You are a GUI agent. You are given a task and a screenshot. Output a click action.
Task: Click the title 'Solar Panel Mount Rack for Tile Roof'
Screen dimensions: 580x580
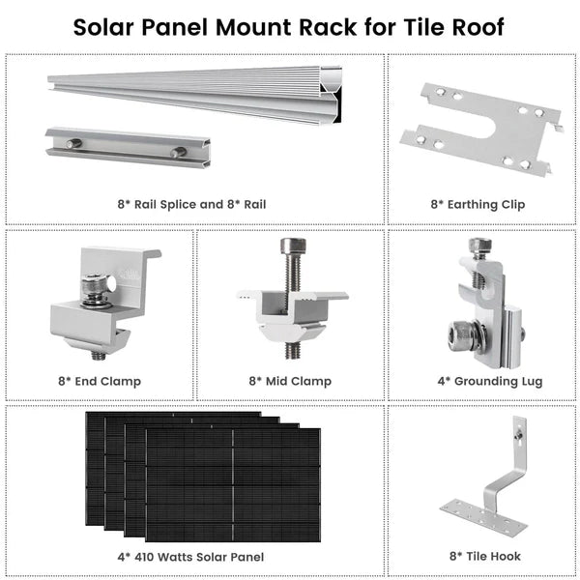pos(289,26)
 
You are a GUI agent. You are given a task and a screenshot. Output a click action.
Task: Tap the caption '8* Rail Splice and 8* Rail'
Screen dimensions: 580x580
pos(191,204)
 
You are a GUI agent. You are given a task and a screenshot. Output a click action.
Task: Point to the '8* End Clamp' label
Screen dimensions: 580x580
pos(101,381)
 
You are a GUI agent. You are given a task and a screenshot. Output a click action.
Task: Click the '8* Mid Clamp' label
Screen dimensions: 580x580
pos(290,381)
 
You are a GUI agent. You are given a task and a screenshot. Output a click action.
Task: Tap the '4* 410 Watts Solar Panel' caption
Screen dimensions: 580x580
pos(191,557)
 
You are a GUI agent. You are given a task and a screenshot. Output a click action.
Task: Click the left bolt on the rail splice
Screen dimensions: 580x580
pos(73,145)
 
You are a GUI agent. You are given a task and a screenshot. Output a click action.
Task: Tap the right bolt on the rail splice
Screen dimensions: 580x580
pos(178,152)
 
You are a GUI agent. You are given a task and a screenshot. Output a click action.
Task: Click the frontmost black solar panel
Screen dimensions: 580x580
pos(232,483)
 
